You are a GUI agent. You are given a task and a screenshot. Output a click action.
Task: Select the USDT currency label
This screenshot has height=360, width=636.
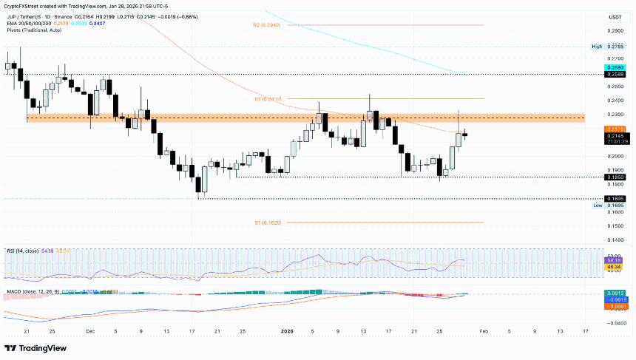(615, 16)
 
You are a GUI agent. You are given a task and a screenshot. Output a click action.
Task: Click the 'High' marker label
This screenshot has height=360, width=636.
(597, 47)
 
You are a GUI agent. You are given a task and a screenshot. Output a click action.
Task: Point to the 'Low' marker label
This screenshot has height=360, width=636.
(597, 206)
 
